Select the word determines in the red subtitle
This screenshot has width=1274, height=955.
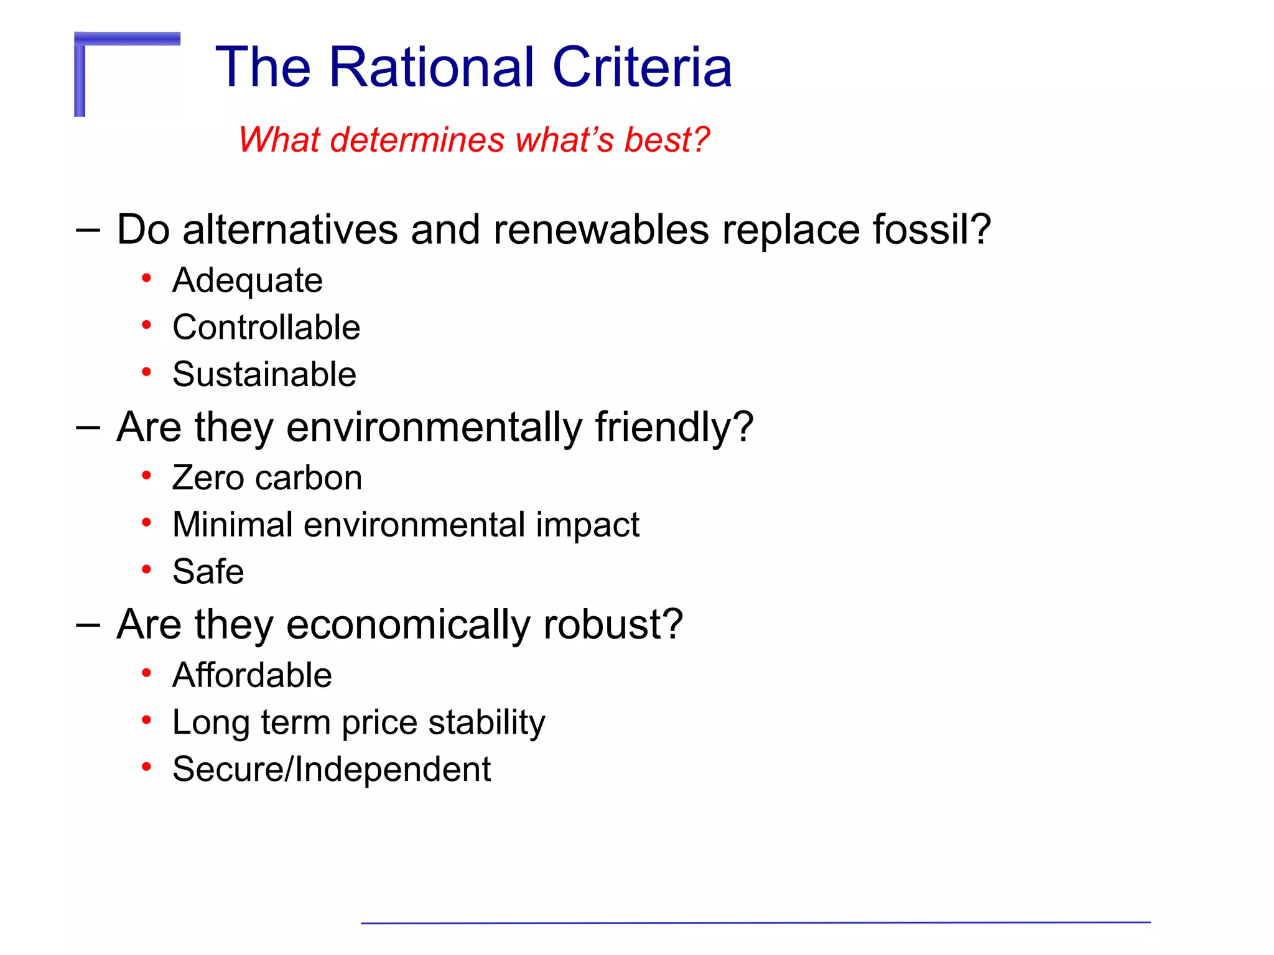tap(416, 140)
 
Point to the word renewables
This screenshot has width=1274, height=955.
tap(601, 229)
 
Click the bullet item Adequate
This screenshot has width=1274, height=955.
tap(248, 280)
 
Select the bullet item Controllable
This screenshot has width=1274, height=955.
tap(266, 328)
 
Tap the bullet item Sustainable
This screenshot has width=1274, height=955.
tap(264, 374)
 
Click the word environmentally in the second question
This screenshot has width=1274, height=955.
tap(434, 428)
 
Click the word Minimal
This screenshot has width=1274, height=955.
tap(233, 525)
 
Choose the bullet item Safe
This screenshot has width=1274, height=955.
tap(208, 572)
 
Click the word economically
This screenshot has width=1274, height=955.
tap(408, 625)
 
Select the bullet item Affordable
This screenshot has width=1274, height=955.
tap(252, 675)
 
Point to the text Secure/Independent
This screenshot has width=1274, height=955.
tap(332, 770)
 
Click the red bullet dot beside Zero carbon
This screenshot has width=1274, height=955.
tap(146, 476)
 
